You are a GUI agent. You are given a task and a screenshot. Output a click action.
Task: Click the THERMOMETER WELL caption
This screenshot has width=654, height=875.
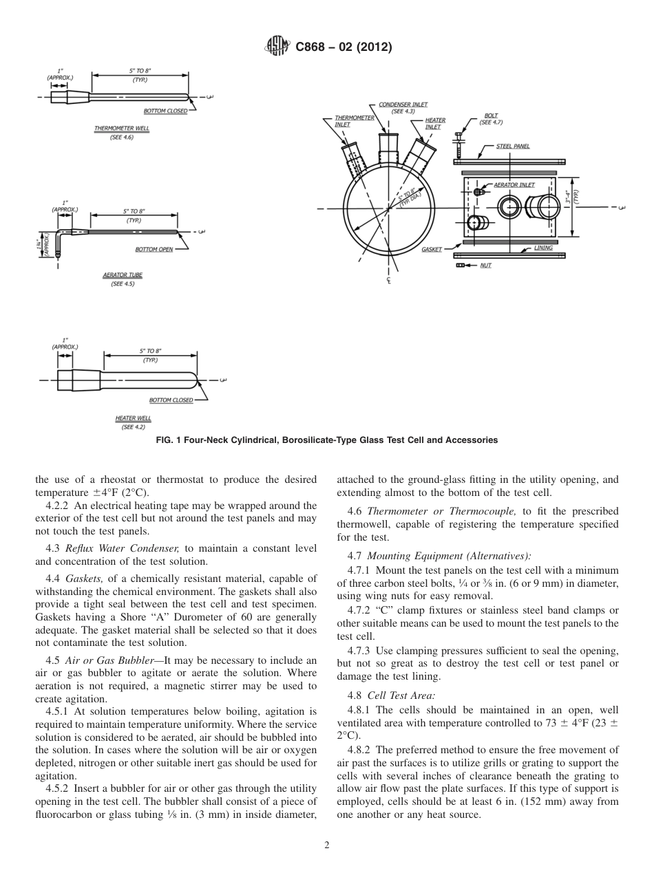tap(121, 129)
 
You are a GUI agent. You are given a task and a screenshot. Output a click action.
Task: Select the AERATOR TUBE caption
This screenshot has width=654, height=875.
tap(123, 275)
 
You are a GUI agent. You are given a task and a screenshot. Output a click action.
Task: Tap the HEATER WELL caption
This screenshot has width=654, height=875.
tap(133, 418)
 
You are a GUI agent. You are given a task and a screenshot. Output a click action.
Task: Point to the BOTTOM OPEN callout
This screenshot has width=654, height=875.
tap(154, 249)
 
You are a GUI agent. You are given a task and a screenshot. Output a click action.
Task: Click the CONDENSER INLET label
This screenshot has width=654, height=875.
tap(403, 105)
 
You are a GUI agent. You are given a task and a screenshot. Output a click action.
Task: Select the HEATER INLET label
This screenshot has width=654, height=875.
tap(435, 123)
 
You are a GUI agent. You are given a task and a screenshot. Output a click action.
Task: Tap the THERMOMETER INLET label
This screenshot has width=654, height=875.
tap(355, 121)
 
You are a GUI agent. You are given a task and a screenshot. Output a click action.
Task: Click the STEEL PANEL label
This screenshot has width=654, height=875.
tap(513, 146)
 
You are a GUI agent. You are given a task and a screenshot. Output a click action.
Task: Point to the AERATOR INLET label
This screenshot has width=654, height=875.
tap(514, 185)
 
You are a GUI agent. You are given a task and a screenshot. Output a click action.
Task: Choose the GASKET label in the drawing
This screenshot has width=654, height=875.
tap(432, 250)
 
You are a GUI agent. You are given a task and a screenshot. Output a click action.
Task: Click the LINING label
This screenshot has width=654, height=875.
tap(543, 248)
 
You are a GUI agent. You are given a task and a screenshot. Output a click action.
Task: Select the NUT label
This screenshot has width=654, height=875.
tap(485, 266)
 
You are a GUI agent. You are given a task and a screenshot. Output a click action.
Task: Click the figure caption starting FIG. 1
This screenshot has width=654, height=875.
tap(326, 440)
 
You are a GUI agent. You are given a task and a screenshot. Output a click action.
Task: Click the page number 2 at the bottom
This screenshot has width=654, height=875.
tap(326, 845)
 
